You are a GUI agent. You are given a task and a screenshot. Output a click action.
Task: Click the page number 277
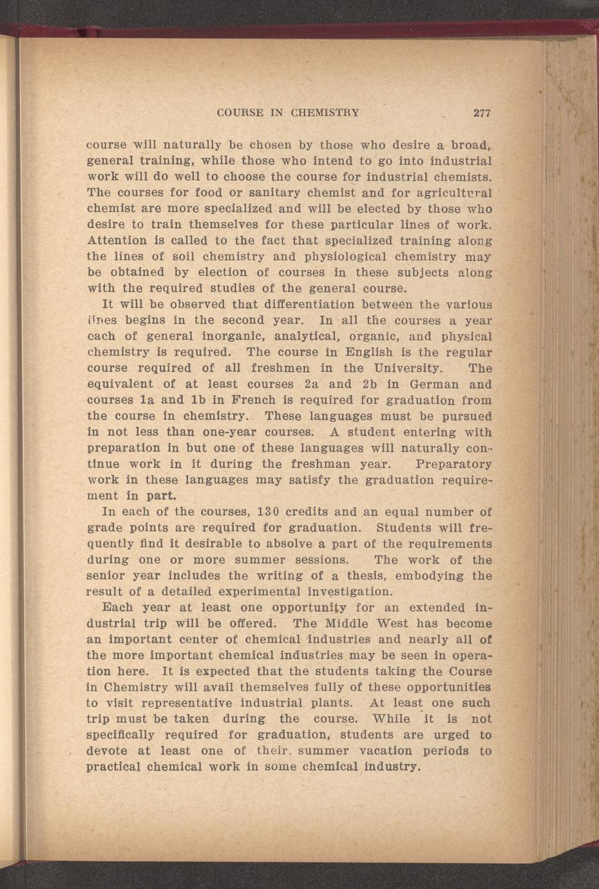[x=482, y=113]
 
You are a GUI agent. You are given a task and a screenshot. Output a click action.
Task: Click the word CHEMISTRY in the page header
[x=325, y=113]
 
